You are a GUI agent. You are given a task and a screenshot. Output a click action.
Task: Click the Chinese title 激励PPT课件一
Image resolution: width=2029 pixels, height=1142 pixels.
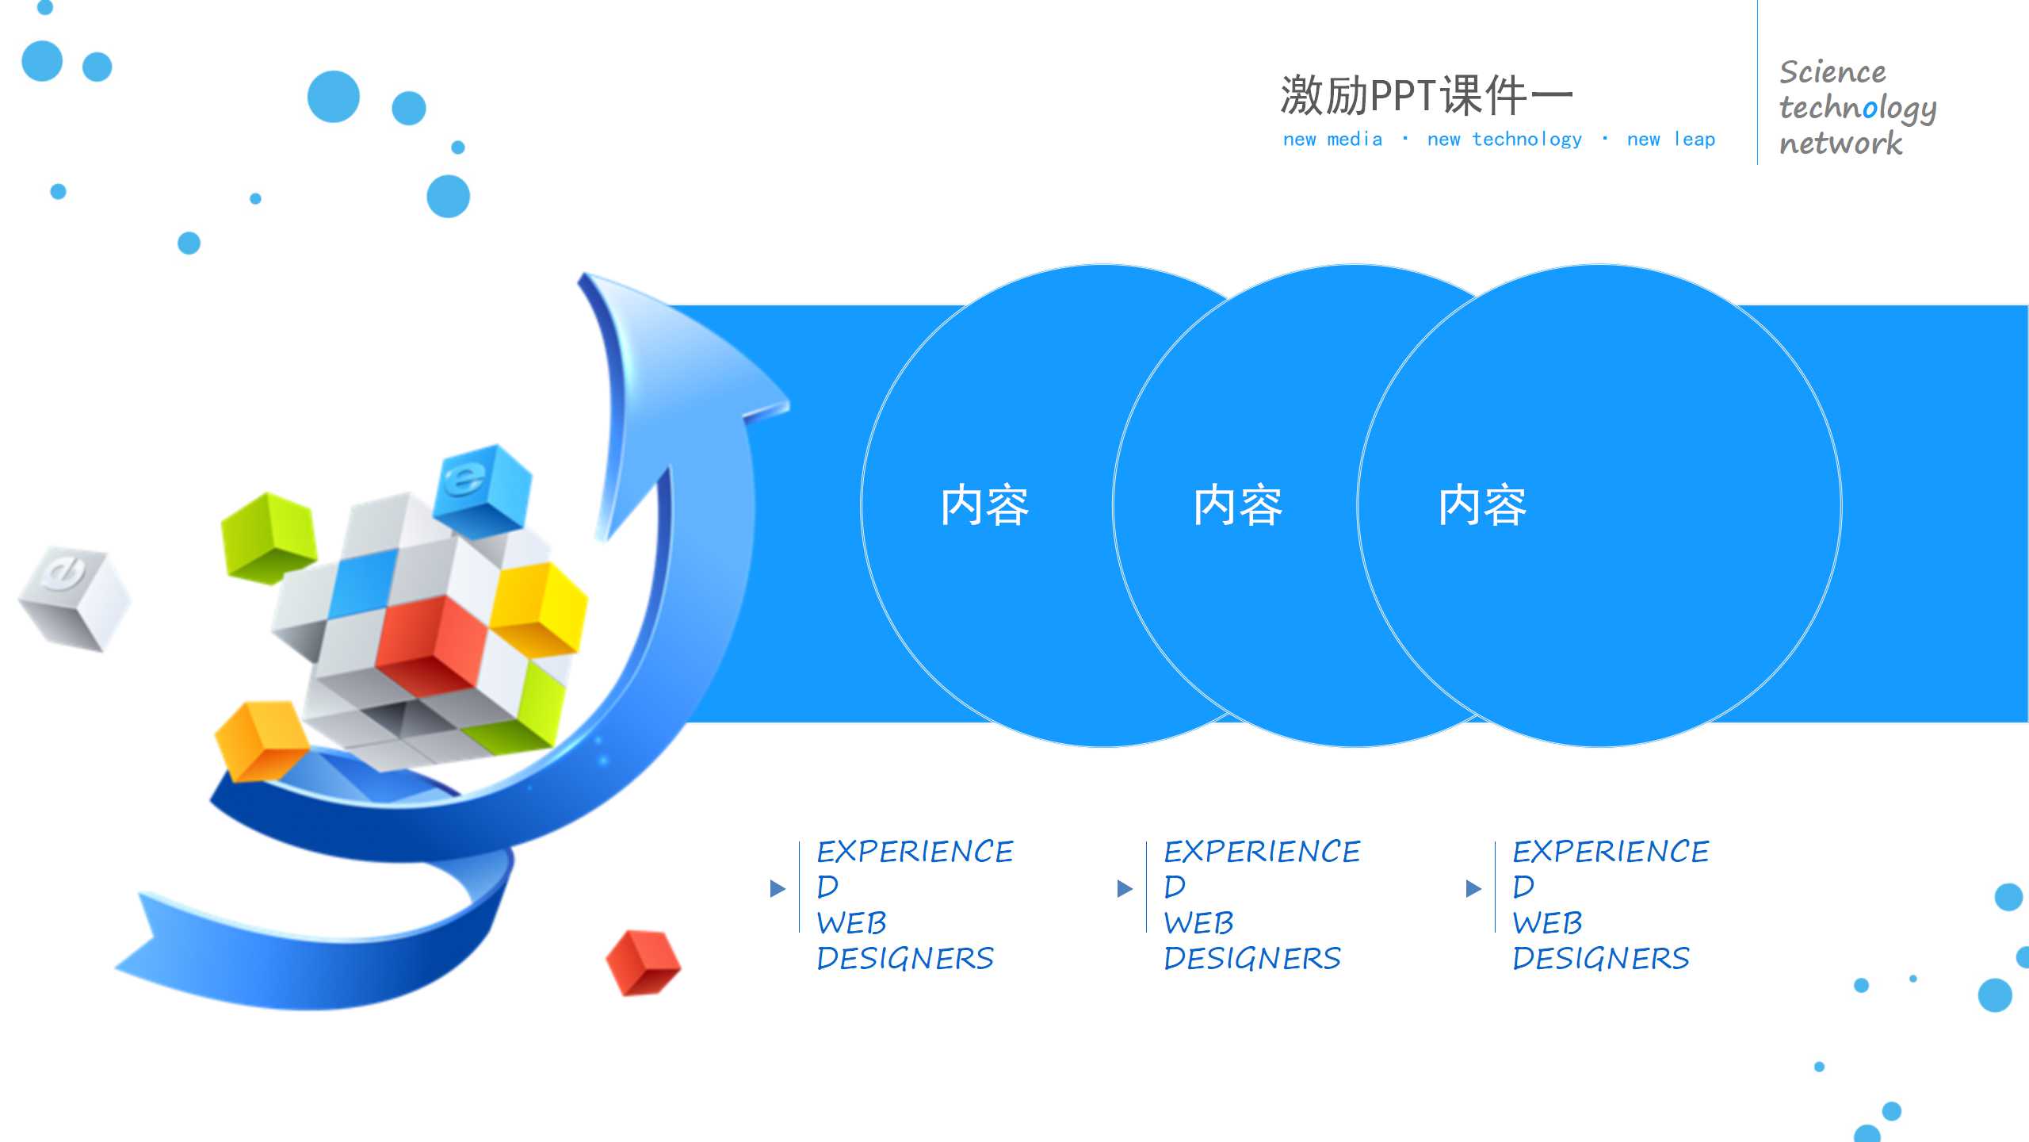click(x=1425, y=95)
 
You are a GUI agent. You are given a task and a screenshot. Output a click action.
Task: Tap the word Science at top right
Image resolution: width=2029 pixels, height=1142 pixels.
click(x=1832, y=72)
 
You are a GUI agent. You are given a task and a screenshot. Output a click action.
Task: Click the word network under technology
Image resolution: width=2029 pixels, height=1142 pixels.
click(x=1840, y=144)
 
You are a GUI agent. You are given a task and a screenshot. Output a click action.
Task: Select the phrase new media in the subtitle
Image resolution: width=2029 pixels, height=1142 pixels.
click(x=1332, y=140)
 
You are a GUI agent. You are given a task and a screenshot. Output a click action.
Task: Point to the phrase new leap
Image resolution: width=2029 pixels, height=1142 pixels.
click(x=1671, y=140)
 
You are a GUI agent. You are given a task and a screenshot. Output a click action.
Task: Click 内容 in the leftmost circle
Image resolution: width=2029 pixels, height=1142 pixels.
click(x=984, y=505)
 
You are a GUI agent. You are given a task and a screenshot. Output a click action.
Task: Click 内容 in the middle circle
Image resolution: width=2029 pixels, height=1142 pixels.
click(x=1237, y=505)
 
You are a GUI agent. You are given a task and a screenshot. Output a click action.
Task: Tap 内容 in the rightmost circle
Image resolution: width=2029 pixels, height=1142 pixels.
click(x=1482, y=505)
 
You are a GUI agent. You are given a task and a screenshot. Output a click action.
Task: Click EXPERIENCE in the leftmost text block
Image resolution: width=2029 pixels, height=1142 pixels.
click(x=915, y=852)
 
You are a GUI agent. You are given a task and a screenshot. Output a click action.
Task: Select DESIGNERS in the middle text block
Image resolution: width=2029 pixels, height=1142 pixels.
click(x=1252, y=959)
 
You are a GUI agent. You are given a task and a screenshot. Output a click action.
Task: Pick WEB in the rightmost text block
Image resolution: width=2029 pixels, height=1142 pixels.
click(x=1547, y=923)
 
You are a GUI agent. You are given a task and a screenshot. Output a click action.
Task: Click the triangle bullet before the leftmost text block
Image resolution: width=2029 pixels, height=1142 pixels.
click(x=778, y=888)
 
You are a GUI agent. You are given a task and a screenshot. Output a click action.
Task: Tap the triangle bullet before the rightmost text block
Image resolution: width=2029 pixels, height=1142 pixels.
click(x=1473, y=888)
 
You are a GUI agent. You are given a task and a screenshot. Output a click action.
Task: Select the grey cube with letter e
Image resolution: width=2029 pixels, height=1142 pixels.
click(x=74, y=596)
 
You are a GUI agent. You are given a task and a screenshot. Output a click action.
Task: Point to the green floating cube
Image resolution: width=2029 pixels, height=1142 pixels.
click(x=267, y=537)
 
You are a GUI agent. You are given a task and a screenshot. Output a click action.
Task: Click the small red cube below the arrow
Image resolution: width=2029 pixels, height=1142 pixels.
click(x=642, y=962)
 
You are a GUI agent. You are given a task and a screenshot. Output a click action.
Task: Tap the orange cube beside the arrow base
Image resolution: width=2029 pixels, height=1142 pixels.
click(x=260, y=739)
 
